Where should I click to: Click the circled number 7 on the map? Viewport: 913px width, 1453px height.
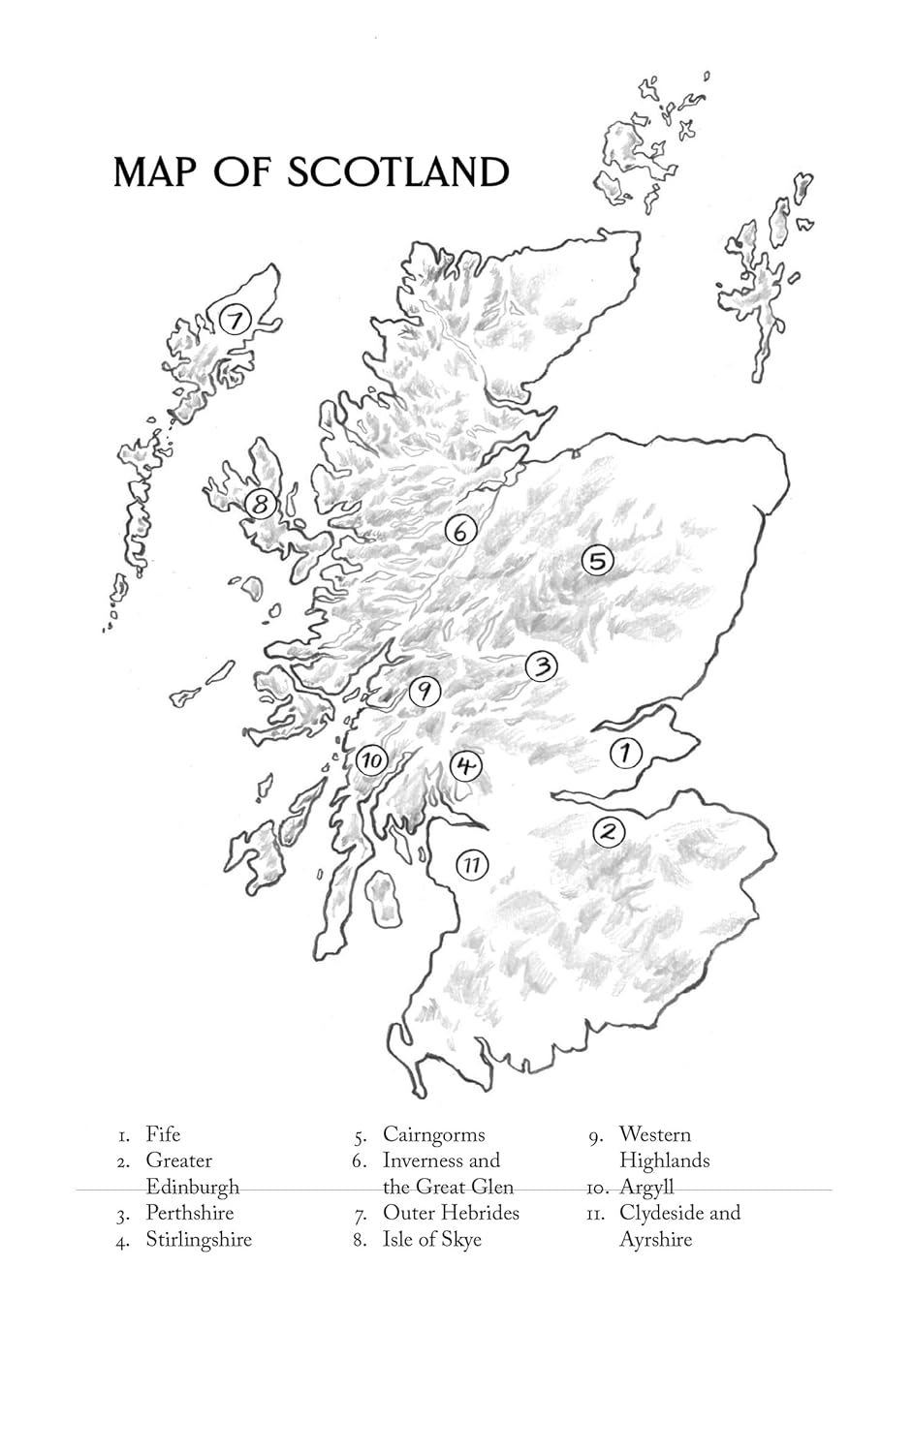pos(235,319)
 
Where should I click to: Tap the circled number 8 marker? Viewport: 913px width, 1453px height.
pos(261,504)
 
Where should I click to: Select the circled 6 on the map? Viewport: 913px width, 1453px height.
pos(461,531)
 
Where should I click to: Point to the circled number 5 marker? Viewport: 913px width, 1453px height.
pos(598,560)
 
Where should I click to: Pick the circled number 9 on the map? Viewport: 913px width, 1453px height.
pos(425,692)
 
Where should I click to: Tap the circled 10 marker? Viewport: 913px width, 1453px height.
pos(372,760)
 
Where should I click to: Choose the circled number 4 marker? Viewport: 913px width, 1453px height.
pos(466,766)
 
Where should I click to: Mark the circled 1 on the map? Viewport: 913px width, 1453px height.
pos(626,753)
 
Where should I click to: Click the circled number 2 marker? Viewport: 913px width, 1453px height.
pos(609,831)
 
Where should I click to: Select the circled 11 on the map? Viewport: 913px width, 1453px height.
pos(471,864)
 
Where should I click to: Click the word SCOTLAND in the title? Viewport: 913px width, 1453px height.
pos(397,172)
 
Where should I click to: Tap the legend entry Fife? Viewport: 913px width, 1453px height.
pos(163,1134)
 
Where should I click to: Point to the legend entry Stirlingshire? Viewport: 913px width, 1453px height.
pos(199,1240)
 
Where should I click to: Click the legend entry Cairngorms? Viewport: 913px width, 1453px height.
pos(433,1134)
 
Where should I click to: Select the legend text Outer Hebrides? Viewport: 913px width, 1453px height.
pos(451,1213)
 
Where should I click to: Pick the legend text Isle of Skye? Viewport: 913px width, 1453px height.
pos(431,1240)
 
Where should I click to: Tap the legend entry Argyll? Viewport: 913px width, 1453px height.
pos(646,1187)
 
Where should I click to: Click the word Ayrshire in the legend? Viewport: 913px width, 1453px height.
pos(655,1240)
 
